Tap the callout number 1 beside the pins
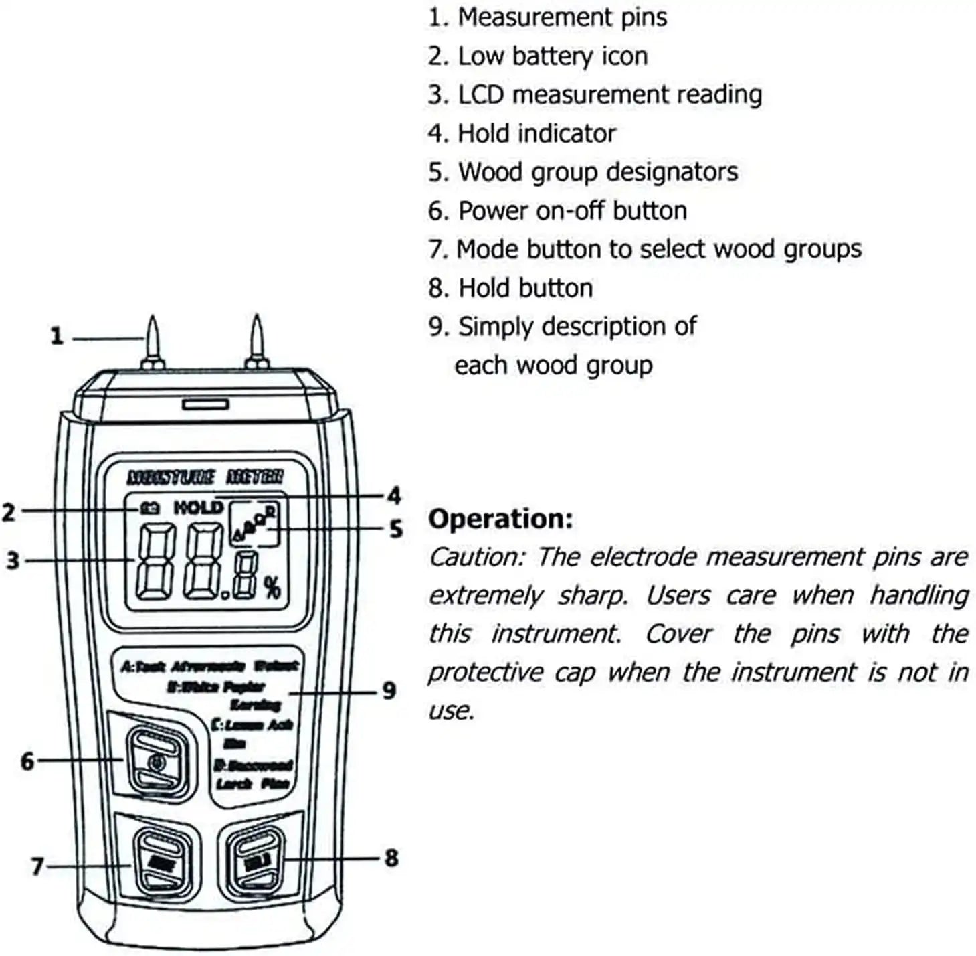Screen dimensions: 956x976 [57, 335]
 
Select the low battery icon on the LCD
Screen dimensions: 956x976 [149, 509]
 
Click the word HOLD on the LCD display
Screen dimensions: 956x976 [198, 508]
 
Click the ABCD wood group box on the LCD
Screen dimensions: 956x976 [254, 524]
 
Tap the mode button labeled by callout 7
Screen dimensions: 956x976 [158, 863]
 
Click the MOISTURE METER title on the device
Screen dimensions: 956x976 [205, 477]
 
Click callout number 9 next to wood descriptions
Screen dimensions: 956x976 [389, 690]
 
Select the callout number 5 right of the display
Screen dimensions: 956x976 [396, 529]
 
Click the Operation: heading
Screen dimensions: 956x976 [500, 519]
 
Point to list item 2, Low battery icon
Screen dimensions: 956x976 [538, 56]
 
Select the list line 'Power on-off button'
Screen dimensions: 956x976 [557, 211]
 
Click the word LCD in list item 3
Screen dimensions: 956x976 [480, 95]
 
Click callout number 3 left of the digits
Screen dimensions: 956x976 [13, 560]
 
